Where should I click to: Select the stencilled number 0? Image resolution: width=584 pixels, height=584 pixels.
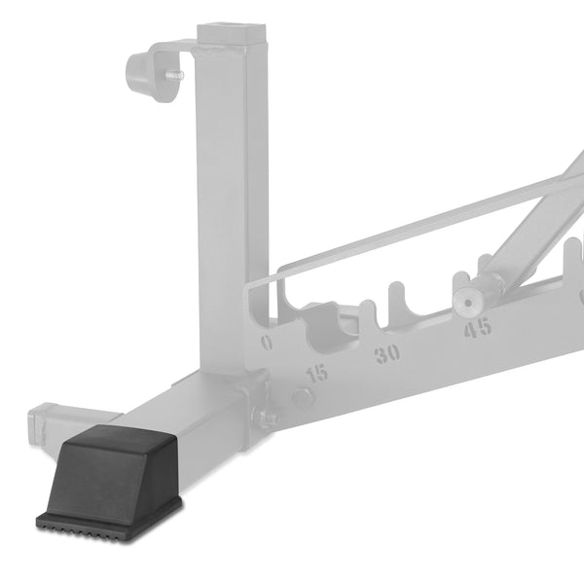(x=267, y=343)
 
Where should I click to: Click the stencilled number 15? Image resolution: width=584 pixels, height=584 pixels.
(x=316, y=373)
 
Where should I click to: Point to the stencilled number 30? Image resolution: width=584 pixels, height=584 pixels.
(x=387, y=353)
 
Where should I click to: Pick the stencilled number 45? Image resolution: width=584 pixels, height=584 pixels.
(x=477, y=329)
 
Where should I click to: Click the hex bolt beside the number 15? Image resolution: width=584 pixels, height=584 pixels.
(x=303, y=397)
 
